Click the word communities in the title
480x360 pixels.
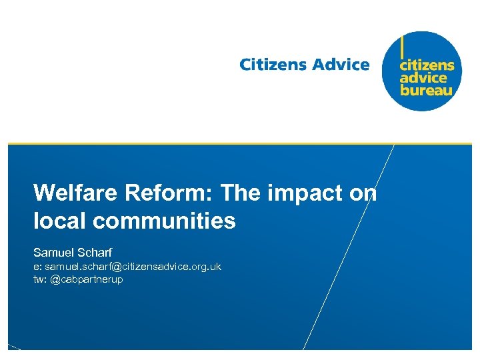pos(165,221)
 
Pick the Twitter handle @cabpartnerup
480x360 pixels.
pos(87,279)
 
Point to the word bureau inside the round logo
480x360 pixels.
pos(426,89)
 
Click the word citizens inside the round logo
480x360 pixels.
pos(427,65)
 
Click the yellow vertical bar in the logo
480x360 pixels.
pos(401,47)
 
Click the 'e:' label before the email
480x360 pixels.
pos(37,267)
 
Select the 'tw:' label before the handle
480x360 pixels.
pos(40,279)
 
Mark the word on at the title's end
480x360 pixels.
pos(363,194)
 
